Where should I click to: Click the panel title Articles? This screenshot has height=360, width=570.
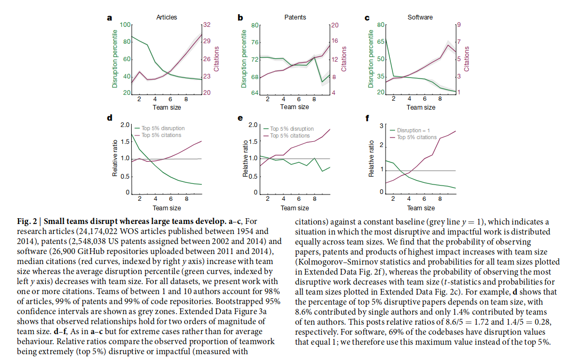pyautogui.click(x=166, y=17)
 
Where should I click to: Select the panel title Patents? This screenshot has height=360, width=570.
pyautogui.click(x=295, y=17)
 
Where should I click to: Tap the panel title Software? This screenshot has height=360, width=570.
pyautogui.click(x=420, y=17)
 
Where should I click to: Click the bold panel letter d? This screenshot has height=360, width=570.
pyautogui.click(x=110, y=118)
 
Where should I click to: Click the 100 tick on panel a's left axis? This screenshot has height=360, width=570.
pyautogui.click(x=125, y=25)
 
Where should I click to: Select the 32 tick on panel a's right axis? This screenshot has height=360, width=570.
pyautogui.click(x=207, y=25)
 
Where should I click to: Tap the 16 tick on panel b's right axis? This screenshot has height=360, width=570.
pyautogui.click(x=333, y=42)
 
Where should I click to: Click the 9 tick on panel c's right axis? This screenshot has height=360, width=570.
pyautogui.click(x=458, y=25)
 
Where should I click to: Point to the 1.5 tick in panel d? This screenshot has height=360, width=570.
pyautogui.click(x=125, y=142)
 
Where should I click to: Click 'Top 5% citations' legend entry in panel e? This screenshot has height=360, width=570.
pyautogui.click(x=290, y=135)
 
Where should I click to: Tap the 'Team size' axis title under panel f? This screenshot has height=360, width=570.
pyautogui.click(x=421, y=208)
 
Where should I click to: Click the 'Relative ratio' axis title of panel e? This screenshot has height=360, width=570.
pyautogui.click(x=245, y=160)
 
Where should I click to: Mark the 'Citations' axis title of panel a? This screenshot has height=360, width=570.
pyautogui.click(x=217, y=59)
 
